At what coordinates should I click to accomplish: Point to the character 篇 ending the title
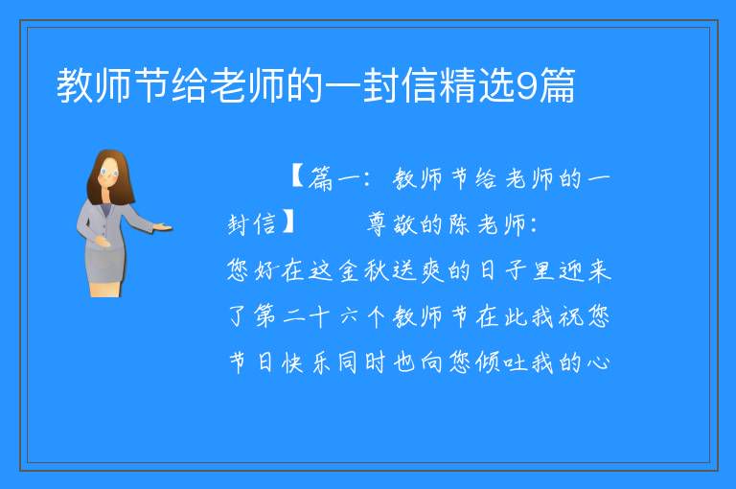pos(557,85)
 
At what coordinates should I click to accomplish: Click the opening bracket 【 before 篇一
pos(298,176)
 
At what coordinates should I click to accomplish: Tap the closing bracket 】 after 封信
pos(288,221)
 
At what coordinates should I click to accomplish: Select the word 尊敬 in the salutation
pos(392,223)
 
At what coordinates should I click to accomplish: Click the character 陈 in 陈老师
pos(459,224)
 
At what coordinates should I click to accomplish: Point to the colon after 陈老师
pos(533,225)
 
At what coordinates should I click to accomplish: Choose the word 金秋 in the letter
pos(364,270)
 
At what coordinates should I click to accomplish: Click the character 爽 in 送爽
pos(432,270)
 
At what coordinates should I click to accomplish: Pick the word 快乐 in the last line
pos(306,362)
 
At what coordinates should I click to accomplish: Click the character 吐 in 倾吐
pos(516,362)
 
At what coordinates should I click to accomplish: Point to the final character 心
pos(598,362)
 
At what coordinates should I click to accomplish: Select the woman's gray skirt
pos(105,264)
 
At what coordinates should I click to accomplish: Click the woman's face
pos(109,172)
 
